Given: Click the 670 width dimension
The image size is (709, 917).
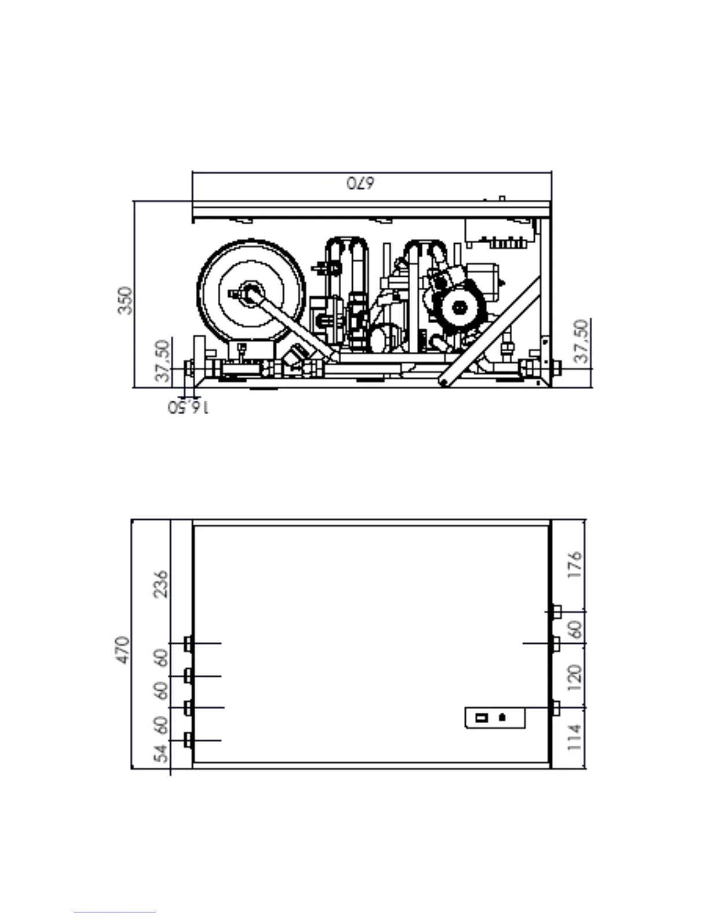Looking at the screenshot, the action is pyautogui.click(x=360, y=184).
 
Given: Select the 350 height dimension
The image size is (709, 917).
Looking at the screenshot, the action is pyautogui.click(x=125, y=300).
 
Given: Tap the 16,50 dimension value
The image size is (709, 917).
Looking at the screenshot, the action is pyautogui.click(x=188, y=408).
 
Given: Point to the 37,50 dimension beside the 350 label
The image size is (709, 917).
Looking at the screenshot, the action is pyautogui.click(x=162, y=361).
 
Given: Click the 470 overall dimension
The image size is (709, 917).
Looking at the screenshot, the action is pyautogui.click(x=123, y=650).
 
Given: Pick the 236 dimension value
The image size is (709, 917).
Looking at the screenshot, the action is pyautogui.click(x=161, y=584).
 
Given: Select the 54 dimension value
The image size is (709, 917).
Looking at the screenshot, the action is pyautogui.click(x=161, y=754).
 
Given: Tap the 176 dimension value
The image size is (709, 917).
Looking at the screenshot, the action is pyautogui.click(x=575, y=565).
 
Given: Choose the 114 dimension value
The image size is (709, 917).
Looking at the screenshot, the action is pyautogui.click(x=575, y=738).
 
